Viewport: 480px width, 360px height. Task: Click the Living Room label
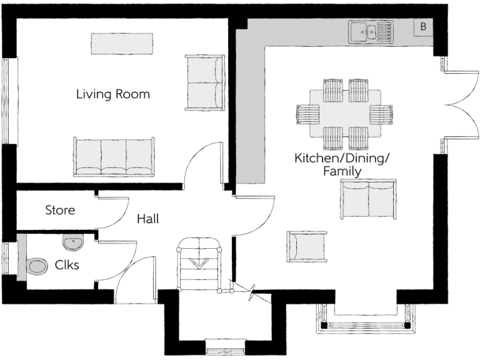coord(113,94)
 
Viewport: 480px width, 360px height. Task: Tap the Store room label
coord(60,210)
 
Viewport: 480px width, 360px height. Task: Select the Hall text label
coord(147,219)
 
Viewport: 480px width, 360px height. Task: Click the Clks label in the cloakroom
coord(67,264)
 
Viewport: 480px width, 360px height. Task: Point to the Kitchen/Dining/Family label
coord(341,164)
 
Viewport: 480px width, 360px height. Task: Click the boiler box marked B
coord(423,27)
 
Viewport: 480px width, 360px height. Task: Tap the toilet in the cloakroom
coord(37,266)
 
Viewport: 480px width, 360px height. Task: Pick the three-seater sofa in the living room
coord(113,156)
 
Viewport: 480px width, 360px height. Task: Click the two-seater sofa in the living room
coord(204,82)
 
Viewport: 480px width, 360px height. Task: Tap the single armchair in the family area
coord(307,246)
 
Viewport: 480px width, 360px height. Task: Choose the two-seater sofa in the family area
coord(367,199)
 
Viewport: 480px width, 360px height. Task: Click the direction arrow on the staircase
coord(199,262)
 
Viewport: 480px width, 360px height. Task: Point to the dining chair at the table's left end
coord(307,114)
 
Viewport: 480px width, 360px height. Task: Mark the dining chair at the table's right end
coord(381,114)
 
